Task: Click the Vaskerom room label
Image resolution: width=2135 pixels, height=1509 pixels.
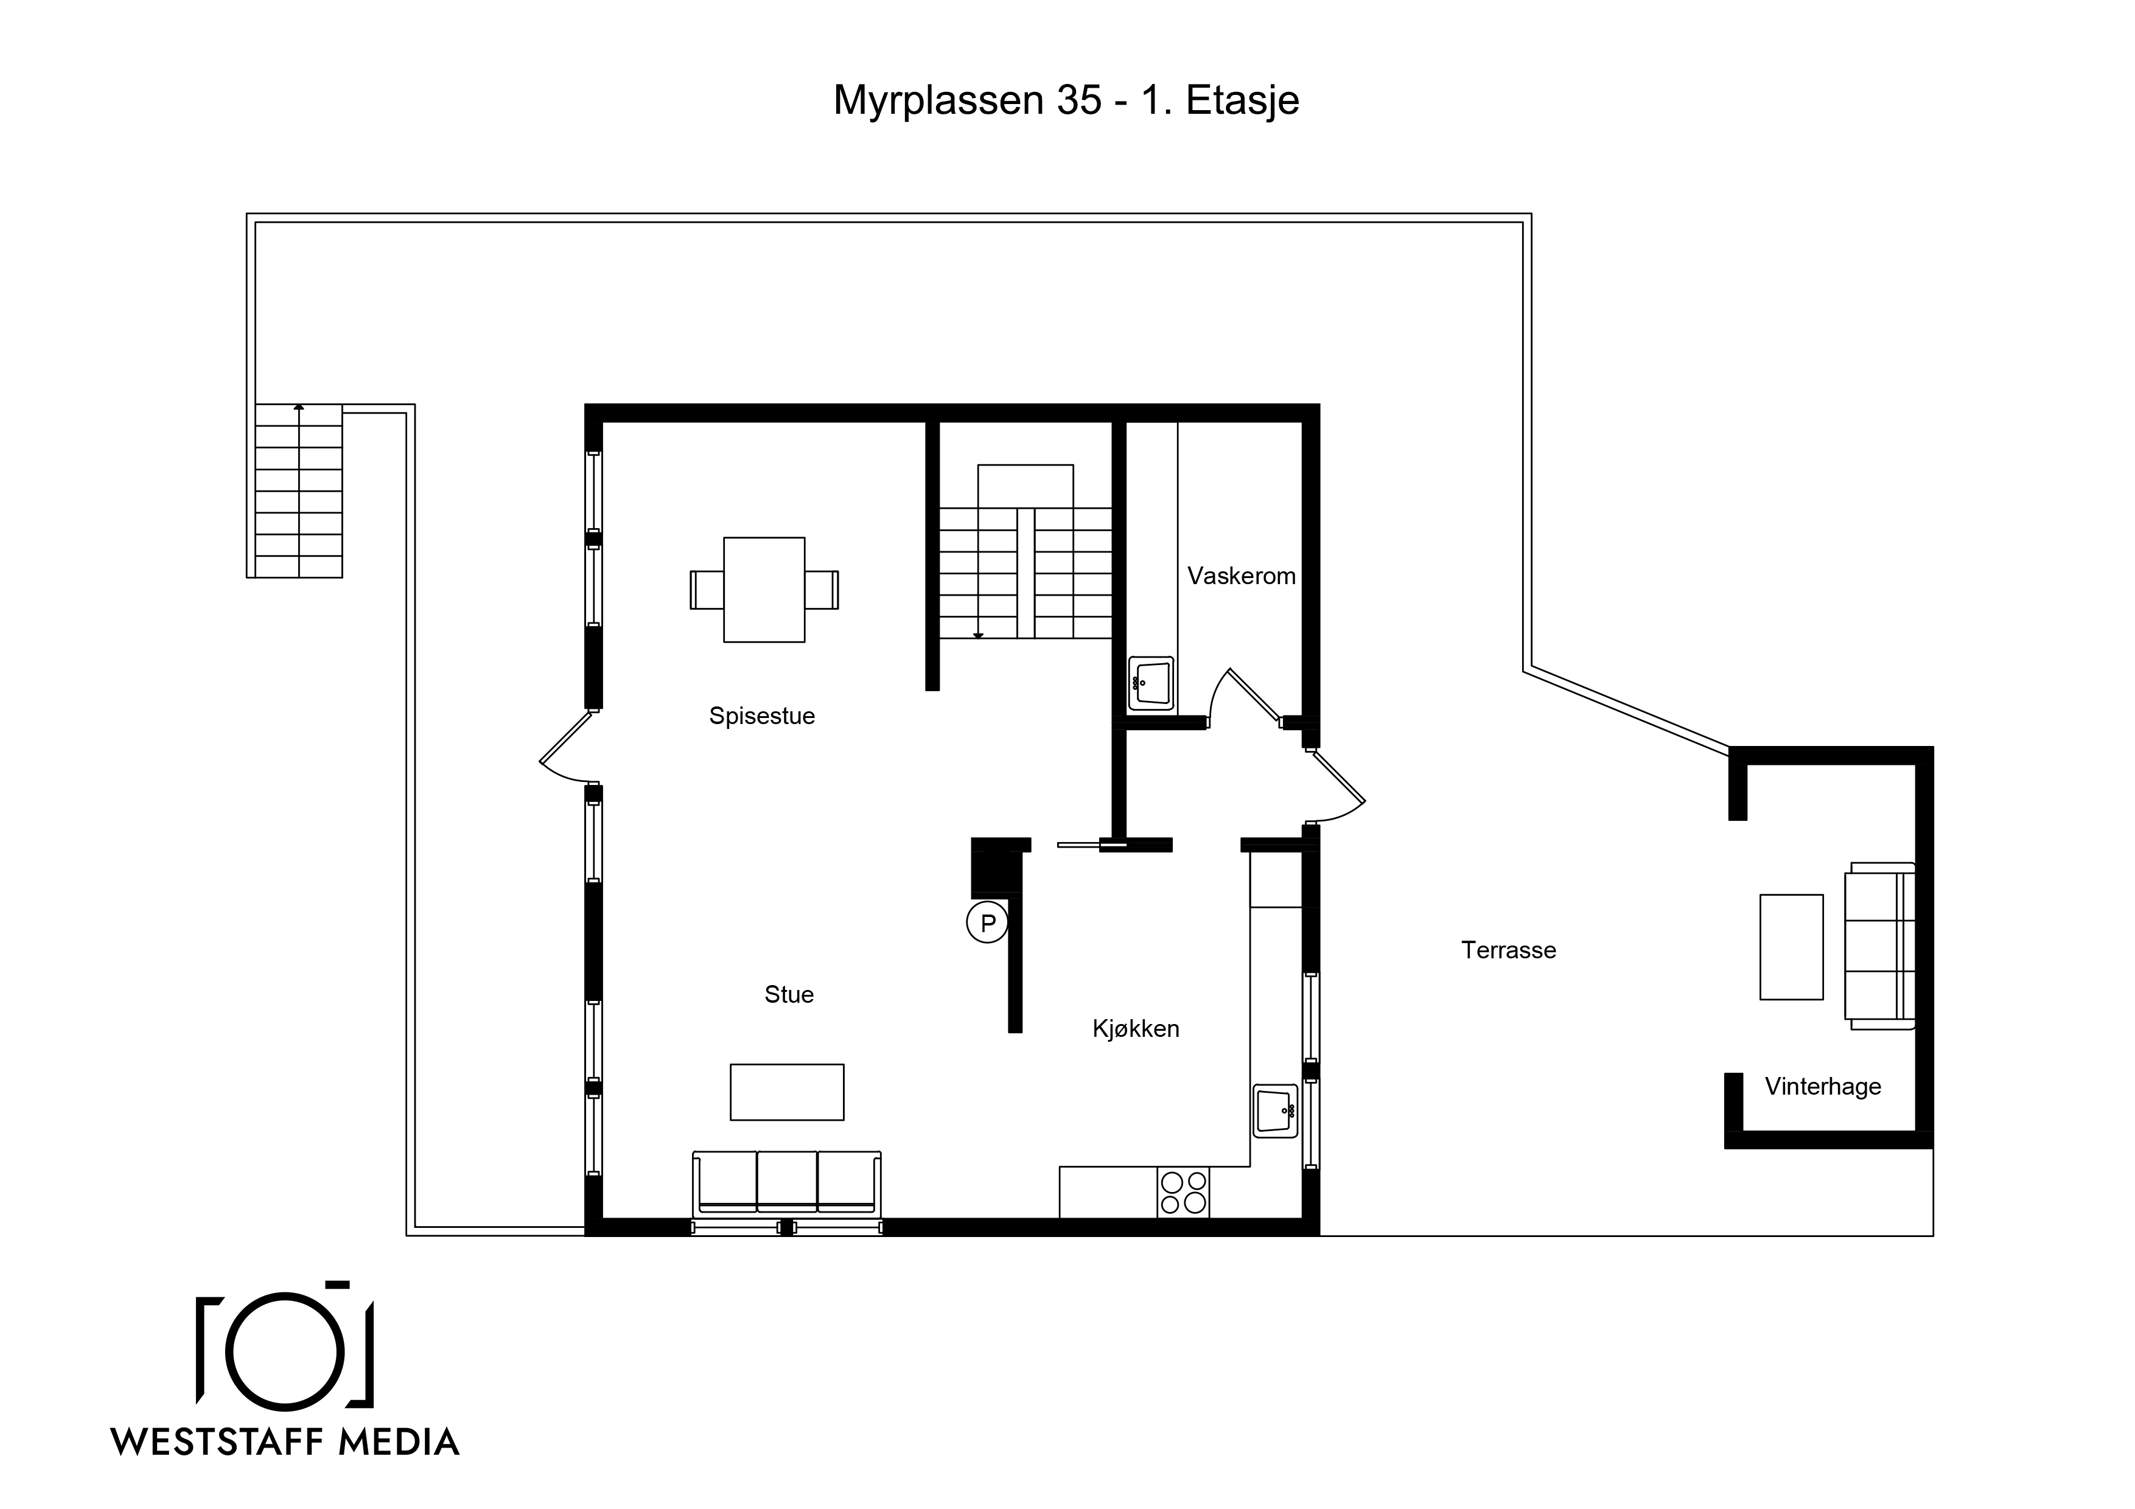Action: click(x=1242, y=576)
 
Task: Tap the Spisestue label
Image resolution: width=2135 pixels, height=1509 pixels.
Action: click(x=761, y=716)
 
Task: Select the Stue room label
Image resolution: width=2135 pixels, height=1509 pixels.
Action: click(x=789, y=995)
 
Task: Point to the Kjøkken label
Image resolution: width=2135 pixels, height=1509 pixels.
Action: click(x=1136, y=1030)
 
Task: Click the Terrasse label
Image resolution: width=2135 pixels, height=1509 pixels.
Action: click(x=1508, y=950)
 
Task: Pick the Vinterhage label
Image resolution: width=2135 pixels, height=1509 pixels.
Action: click(x=1823, y=1087)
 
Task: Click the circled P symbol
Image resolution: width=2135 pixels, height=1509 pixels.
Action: click(x=988, y=923)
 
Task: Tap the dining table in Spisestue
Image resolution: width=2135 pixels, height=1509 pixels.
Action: click(x=764, y=590)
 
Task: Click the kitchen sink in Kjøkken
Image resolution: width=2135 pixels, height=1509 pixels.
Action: click(x=1275, y=1111)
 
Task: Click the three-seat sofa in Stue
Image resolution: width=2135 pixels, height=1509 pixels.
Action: click(x=787, y=1183)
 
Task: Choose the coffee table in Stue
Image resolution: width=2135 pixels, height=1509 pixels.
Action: click(x=787, y=1092)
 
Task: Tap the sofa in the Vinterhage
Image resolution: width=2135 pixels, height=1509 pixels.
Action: click(x=1879, y=946)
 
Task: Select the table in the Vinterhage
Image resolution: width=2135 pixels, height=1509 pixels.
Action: click(x=1791, y=947)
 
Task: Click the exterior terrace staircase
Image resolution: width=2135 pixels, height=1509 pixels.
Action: click(x=298, y=491)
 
